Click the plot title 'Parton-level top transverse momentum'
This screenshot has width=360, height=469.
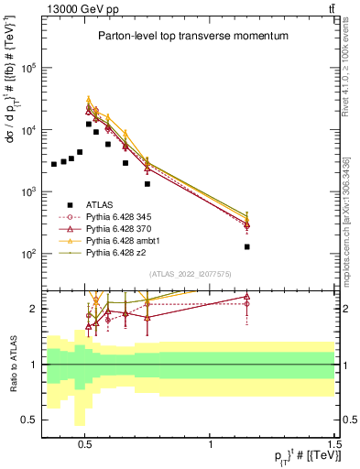click(192, 36)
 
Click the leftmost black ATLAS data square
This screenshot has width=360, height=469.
click(54, 164)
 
